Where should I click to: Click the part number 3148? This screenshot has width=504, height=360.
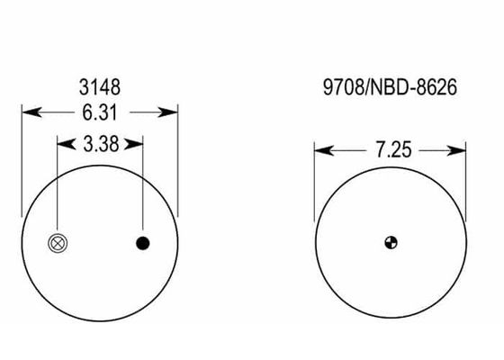point(100,87)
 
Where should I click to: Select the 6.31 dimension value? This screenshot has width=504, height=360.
point(100,113)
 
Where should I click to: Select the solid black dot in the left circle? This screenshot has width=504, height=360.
point(142,243)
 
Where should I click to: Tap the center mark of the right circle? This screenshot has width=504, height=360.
point(390,241)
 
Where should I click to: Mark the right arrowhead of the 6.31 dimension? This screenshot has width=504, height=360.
point(171,113)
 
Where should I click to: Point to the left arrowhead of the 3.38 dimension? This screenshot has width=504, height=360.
point(64,142)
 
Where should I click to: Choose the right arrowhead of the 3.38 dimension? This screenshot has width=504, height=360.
point(136,142)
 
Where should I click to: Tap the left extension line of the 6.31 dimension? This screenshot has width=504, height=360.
point(22,162)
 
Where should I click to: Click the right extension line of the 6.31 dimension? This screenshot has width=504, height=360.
point(178,162)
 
